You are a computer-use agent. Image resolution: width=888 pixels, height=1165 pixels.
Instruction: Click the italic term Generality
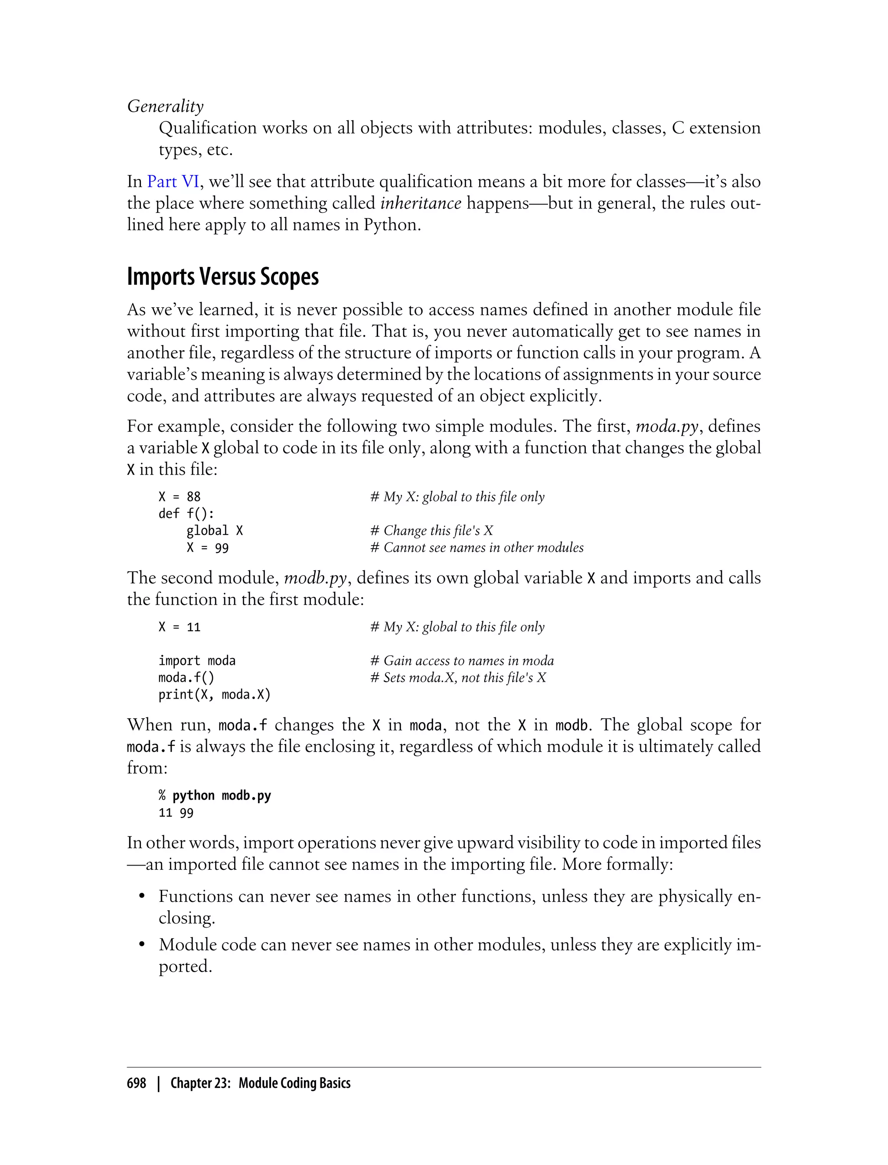[x=165, y=106]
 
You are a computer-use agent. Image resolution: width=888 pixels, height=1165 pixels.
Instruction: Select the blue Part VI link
[x=173, y=181]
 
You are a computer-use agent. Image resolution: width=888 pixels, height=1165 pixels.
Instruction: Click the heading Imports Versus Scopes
[x=222, y=277]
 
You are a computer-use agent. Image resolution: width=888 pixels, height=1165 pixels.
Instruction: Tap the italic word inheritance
[x=420, y=203]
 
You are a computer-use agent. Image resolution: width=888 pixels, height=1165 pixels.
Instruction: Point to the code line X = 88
[x=179, y=497]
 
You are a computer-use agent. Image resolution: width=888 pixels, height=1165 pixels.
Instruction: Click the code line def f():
[x=186, y=514]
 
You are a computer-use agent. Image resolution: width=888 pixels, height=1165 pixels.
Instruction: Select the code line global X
[x=214, y=530]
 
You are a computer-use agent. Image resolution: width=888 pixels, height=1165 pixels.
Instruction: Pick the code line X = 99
[x=207, y=547]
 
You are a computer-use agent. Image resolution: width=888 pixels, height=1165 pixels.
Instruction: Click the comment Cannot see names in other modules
[x=477, y=547]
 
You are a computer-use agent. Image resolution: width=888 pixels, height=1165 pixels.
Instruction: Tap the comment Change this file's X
[x=431, y=530]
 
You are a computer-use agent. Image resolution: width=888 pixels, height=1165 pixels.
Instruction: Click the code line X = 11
[x=179, y=627]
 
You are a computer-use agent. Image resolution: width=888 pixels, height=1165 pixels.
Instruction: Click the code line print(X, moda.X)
[x=214, y=694]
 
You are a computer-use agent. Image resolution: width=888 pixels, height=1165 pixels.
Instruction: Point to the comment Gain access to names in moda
[x=462, y=661]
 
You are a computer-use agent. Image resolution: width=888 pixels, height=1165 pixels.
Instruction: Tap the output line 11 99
[x=176, y=813]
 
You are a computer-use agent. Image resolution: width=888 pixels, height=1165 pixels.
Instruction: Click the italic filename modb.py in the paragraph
[x=315, y=578]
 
